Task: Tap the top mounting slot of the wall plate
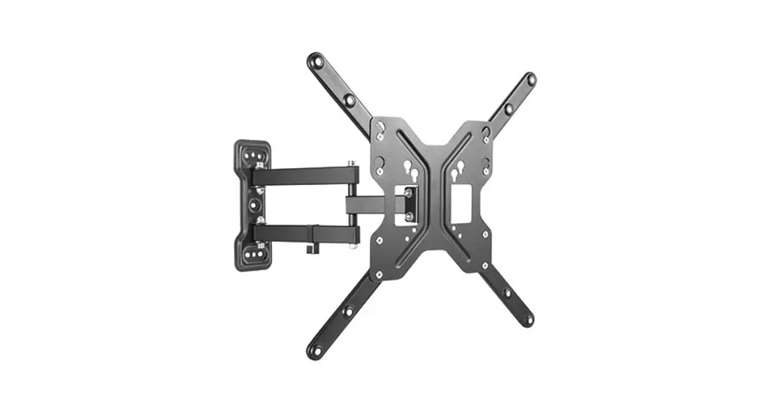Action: tap(254, 156)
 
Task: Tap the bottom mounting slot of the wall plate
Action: tap(254, 252)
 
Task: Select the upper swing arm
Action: tap(307, 175)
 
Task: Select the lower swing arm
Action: tap(307, 233)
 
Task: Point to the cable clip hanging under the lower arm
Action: tap(310, 249)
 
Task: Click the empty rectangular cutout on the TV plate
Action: tap(460, 205)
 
